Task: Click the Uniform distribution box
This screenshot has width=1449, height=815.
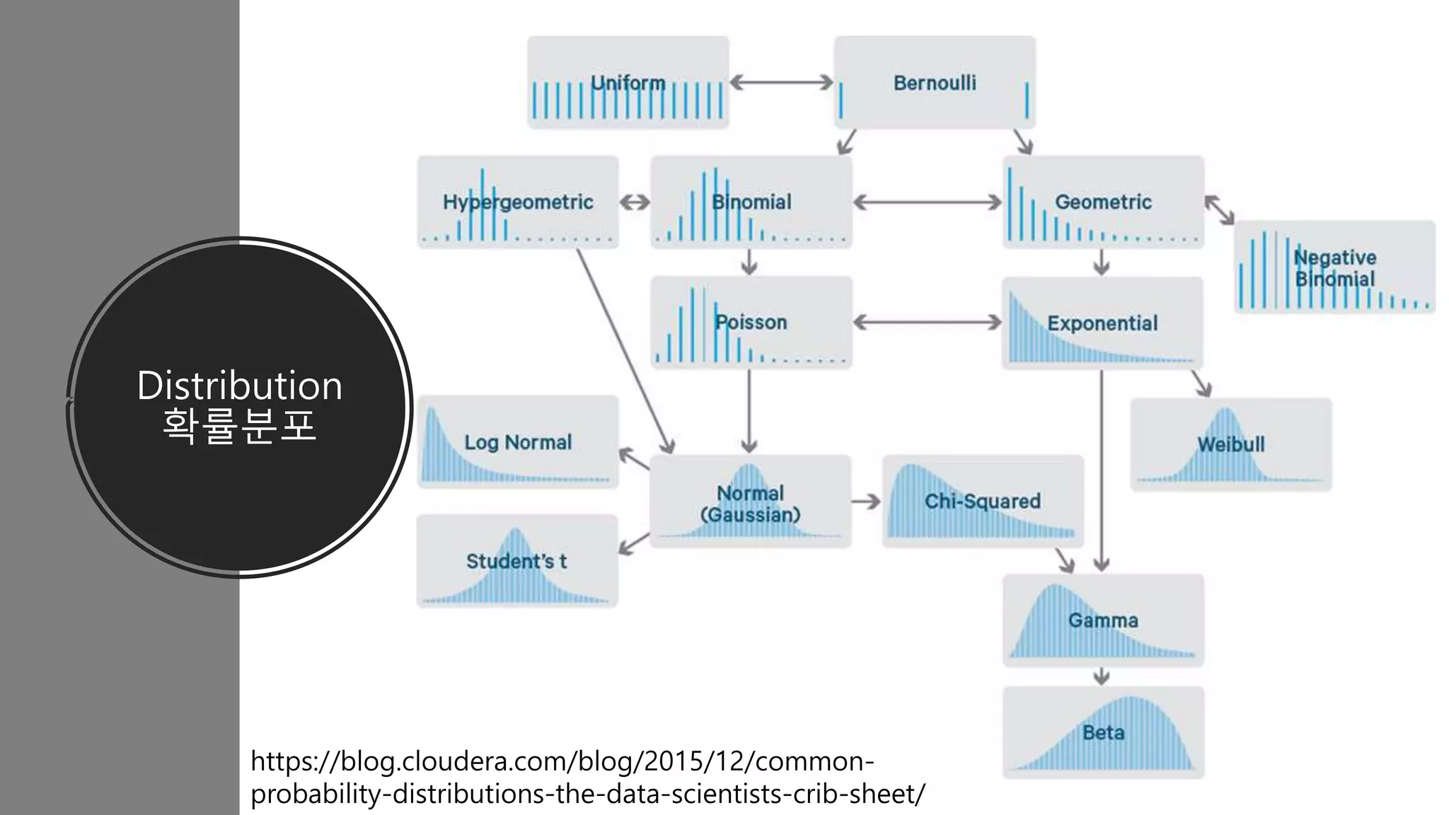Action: tap(628, 83)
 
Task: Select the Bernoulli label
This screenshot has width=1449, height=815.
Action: tap(935, 83)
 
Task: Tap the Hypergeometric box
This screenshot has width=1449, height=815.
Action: tap(518, 202)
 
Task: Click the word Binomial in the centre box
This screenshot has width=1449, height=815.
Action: tap(751, 202)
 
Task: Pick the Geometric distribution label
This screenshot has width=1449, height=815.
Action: tap(1103, 202)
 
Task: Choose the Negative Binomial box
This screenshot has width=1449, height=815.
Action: tap(1334, 267)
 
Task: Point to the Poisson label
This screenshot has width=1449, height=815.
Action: tap(751, 323)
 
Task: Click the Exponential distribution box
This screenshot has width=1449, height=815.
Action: tap(1102, 323)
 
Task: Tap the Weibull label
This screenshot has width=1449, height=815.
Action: tap(1231, 444)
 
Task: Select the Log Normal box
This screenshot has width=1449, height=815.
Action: tap(518, 442)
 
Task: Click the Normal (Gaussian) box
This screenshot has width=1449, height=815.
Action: tap(750, 502)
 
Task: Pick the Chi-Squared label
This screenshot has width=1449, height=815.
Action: tap(983, 501)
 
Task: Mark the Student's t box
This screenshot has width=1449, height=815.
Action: tap(516, 561)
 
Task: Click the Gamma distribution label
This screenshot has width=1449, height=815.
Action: tap(1103, 620)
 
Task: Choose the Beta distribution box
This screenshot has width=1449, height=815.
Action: tap(1103, 733)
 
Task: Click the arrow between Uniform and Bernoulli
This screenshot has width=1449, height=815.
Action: tap(781, 83)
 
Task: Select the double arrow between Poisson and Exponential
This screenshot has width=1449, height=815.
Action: tap(927, 323)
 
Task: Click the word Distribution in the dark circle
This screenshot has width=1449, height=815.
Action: tap(239, 386)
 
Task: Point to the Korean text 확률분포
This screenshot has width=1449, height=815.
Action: tap(239, 425)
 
